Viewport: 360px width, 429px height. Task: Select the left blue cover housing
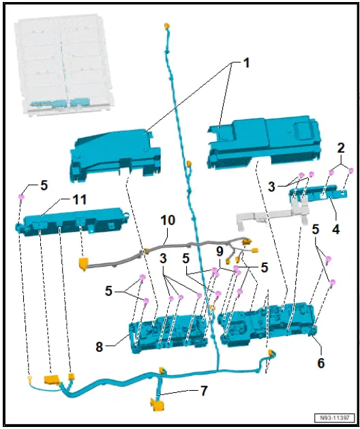113,153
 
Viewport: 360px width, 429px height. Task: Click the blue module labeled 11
72,221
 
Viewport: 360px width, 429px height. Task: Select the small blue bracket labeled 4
316,196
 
